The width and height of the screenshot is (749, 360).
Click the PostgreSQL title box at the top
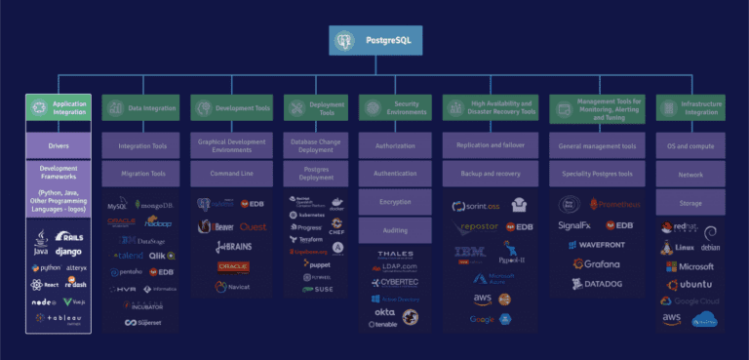click(x=374, y=40)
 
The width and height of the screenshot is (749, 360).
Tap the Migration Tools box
click(x=140, y=173)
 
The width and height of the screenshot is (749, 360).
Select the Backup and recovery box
click(x=491, y=173)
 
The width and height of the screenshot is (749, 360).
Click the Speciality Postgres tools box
click(x=598, y=173)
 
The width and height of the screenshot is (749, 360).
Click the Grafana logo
click(x=598, y=264)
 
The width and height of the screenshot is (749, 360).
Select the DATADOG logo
click(x=598, y=284)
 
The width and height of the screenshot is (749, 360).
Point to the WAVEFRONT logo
click(x=598, y=245)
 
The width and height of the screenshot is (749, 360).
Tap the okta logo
click(x=384, y=312)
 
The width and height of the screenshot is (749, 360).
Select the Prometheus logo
click(x=614, y=206)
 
